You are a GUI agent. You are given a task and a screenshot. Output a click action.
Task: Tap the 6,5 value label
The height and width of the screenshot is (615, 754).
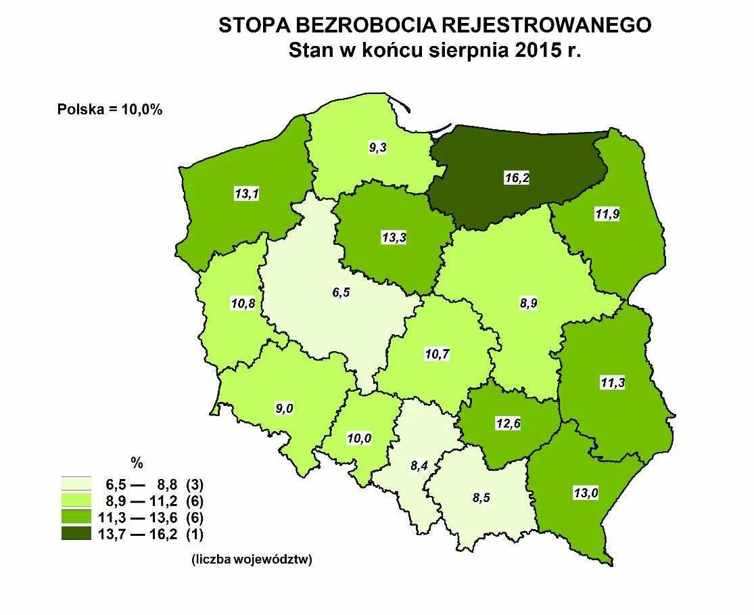point(340,294)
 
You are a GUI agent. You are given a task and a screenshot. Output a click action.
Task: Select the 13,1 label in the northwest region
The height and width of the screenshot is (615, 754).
point(245,193)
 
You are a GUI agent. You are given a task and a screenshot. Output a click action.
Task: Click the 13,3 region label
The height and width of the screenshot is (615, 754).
point(394,237)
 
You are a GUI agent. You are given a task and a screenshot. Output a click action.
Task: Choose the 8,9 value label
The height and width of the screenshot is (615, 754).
point(528,304)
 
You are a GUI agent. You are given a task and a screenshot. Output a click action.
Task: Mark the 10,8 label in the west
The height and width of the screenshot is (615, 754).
point(243,303)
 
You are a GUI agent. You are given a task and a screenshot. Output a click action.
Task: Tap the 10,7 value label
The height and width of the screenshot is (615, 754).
point(436,354)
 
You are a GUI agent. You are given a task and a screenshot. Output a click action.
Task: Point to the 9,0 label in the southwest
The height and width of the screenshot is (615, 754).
point(283,408)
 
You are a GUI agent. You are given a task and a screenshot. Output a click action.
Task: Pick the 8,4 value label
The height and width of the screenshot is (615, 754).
point(419,465)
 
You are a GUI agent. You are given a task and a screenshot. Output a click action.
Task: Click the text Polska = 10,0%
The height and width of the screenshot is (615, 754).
point(110,110)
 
